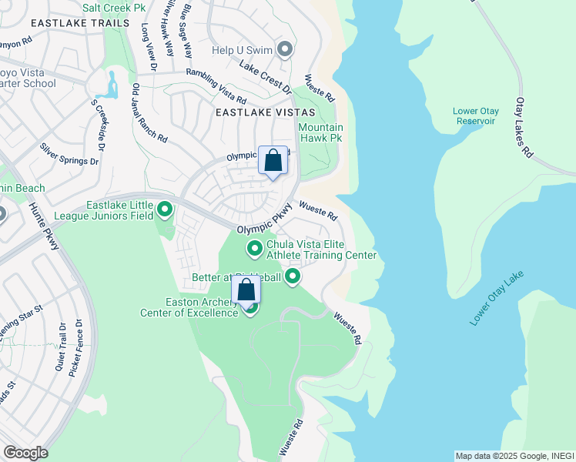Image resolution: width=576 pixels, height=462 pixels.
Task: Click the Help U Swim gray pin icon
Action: [x=285, y=51]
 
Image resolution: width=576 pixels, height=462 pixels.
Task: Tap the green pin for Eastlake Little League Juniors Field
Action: [x=165, y=209]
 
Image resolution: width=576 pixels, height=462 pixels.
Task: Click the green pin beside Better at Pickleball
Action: [x=293, y=276]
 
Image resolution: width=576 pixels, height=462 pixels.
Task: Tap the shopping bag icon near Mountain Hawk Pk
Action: [x=273, y=161]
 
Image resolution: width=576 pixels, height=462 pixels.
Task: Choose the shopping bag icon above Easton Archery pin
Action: [x=246, y=290]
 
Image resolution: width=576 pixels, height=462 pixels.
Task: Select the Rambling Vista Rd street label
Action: [x=216, y=87]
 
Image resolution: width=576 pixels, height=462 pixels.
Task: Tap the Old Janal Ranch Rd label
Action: [x=149, y=114]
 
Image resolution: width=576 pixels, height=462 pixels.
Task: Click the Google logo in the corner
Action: [x=25, y=453]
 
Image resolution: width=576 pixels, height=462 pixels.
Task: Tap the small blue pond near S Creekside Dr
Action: [x=112, y=84]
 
